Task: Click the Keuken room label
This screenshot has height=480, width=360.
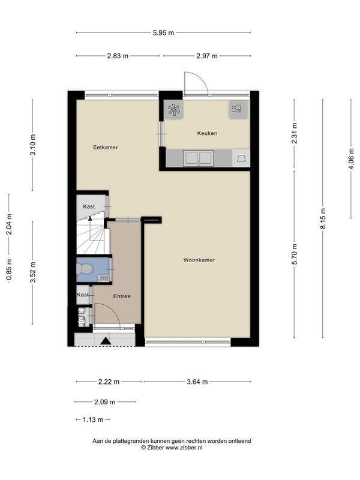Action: click(207, 133)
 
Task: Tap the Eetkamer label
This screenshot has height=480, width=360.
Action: click(106, 147)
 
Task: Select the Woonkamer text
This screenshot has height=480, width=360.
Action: click(199, 260)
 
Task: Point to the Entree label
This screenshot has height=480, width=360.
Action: click(122, 296)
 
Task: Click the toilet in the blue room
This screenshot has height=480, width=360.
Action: click(84, 269)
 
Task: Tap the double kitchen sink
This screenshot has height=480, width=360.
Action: click(198, 158)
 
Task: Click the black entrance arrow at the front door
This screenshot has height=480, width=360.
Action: click(106, 341)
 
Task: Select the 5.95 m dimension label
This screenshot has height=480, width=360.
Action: click(163, 32)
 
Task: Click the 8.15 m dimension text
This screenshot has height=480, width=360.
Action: click(323, 218)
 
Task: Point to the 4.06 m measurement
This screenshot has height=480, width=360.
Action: click(351, 158)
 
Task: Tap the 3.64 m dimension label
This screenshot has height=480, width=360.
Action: click(197, 382)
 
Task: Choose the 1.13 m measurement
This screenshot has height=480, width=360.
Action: click(93, 419)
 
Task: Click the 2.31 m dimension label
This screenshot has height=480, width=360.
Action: click(295, 133)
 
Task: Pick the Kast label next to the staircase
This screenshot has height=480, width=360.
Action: click(89, 206)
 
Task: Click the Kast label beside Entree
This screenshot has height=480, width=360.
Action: click(83, 295)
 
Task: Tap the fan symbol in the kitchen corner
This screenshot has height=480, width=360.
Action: click(174, 110)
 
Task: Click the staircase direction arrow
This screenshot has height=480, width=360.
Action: click(90, 218)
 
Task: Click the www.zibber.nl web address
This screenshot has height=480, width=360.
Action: click(184, 448)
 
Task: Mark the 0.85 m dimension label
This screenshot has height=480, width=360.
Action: click(9, 269)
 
